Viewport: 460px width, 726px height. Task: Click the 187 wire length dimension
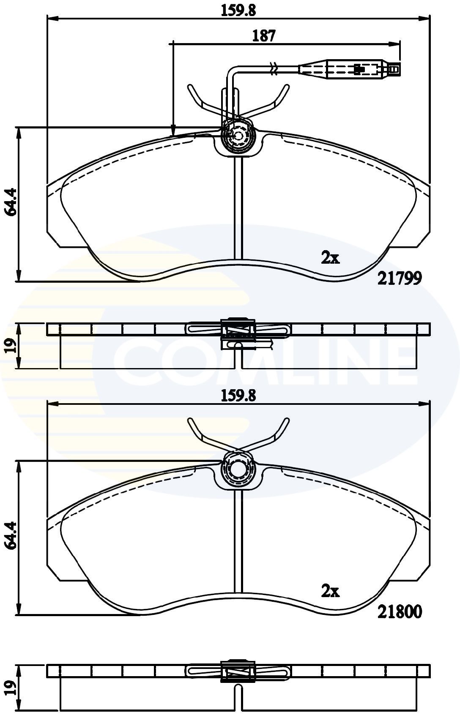[264, 35]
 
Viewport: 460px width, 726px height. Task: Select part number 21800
[400, 611]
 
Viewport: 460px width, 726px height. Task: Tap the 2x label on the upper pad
[330, 258]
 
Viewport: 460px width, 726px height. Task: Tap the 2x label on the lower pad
[330, 591]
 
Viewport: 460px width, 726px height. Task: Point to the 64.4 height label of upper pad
[10, 202]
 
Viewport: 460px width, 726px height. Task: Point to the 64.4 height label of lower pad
[10, 535]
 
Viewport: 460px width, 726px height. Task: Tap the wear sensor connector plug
[349, 69]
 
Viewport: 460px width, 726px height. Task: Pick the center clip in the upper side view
[238, 329]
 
